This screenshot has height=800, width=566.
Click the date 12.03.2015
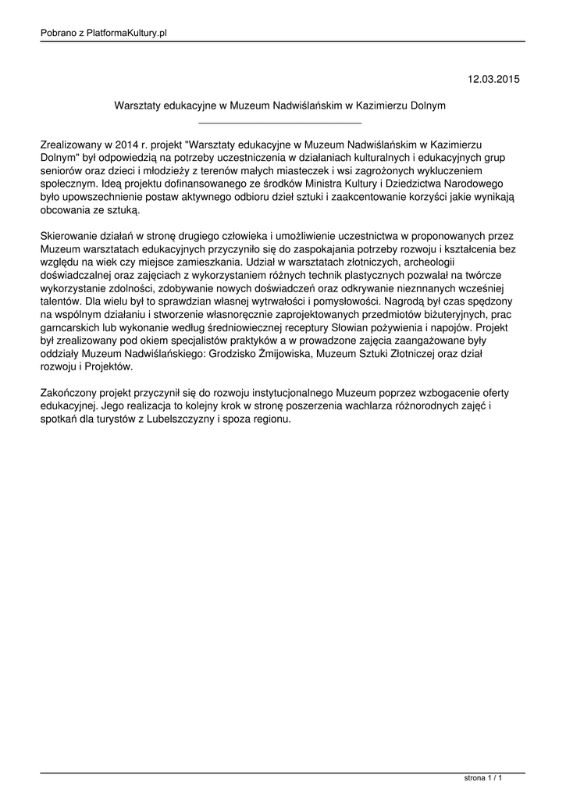(493, 79)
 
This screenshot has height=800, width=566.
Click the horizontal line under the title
(280, 123)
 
